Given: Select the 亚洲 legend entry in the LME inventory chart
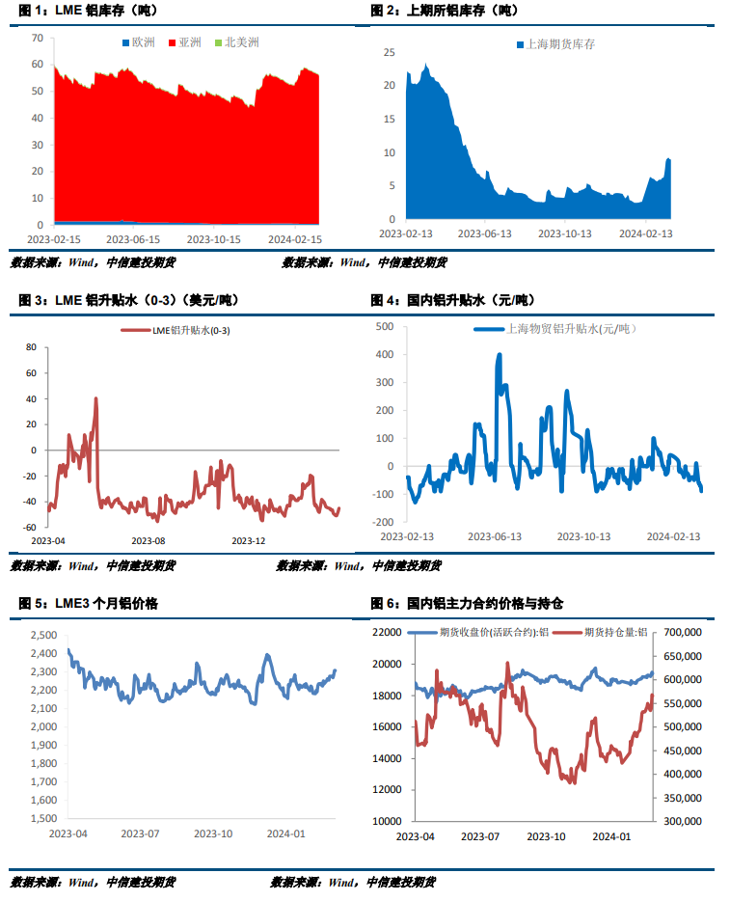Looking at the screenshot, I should pos(190,42).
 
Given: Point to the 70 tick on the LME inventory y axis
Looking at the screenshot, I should pos(38,39).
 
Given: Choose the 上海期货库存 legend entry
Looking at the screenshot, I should pos(559,44).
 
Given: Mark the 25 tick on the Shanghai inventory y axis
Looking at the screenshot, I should pos(390,51).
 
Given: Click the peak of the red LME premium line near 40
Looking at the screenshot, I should pos(95,398).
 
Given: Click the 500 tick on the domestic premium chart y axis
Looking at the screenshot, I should pos(384,327).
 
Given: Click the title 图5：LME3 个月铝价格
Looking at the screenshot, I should pos(89,603).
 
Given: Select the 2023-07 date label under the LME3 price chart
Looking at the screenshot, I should pos(140,833).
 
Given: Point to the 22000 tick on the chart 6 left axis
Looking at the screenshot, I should pos(387,632).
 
